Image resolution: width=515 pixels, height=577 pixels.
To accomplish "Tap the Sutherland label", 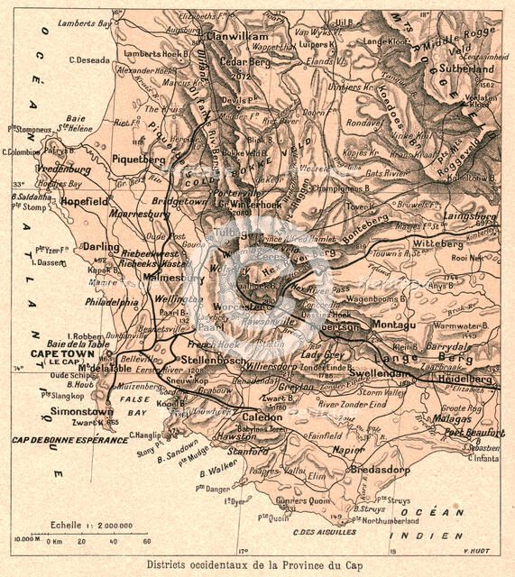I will coord(466,66).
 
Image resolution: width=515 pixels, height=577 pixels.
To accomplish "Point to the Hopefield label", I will coord(85,202).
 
